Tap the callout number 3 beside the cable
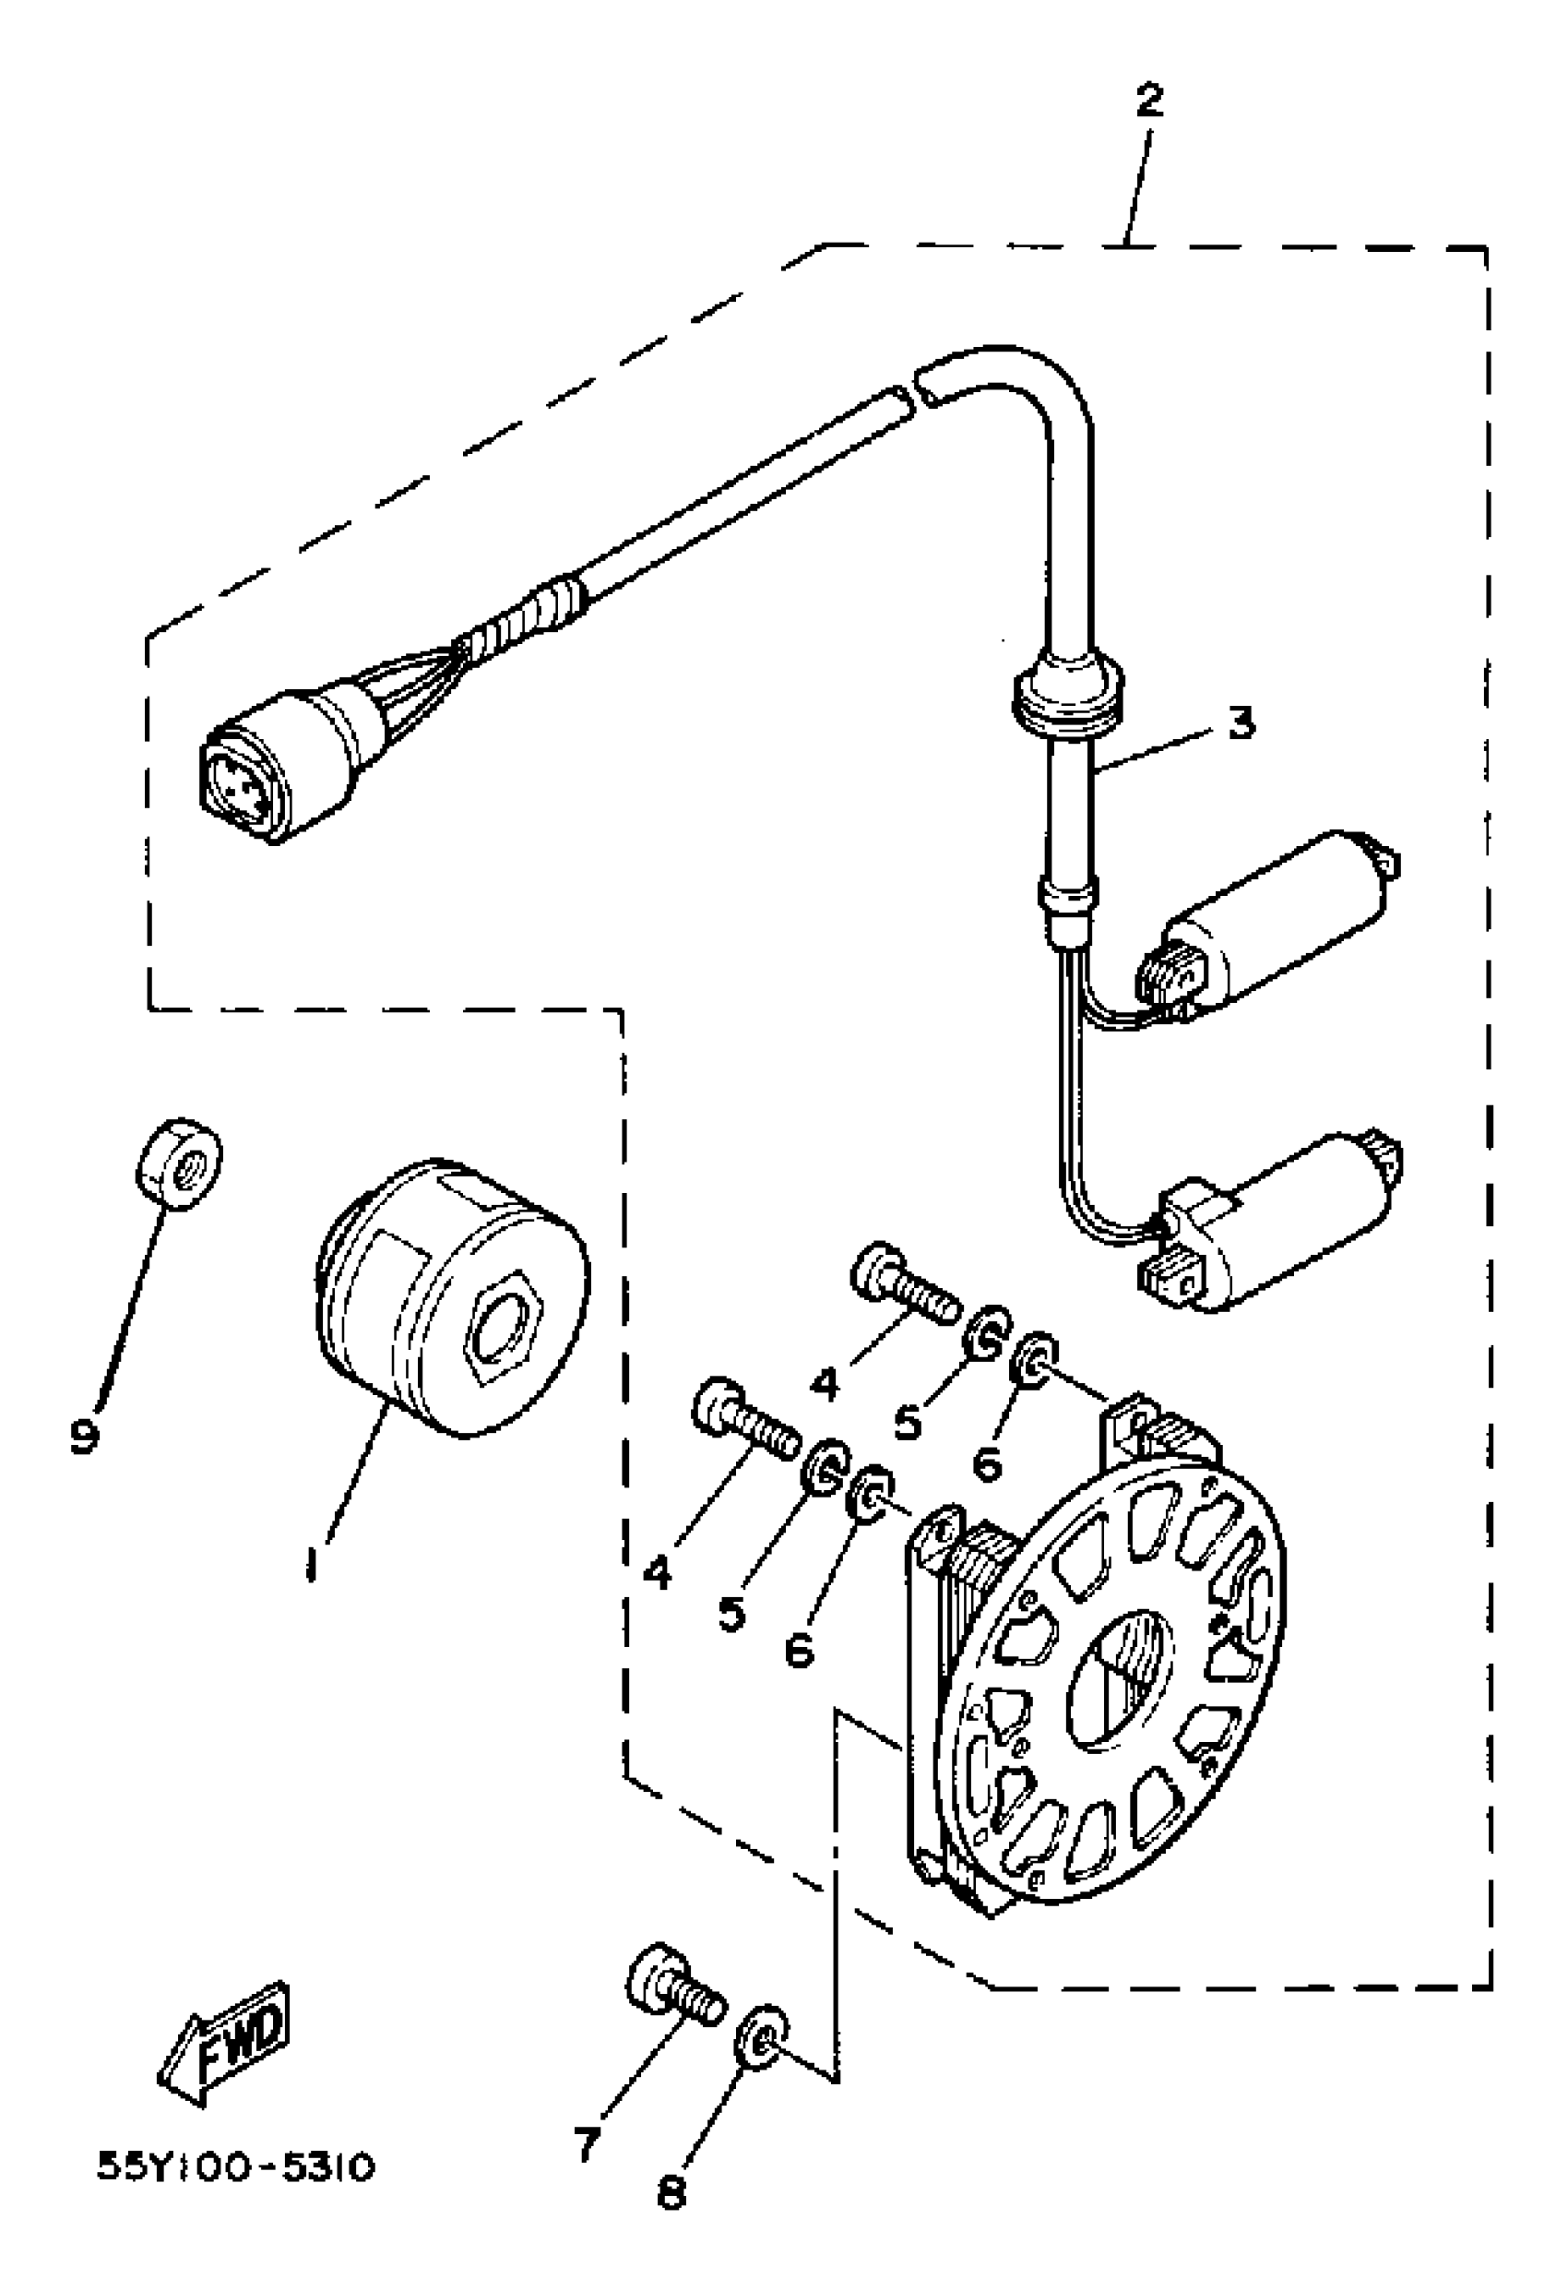[1241, 723]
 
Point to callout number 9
[85, 1438]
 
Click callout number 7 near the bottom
[588, 2144]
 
